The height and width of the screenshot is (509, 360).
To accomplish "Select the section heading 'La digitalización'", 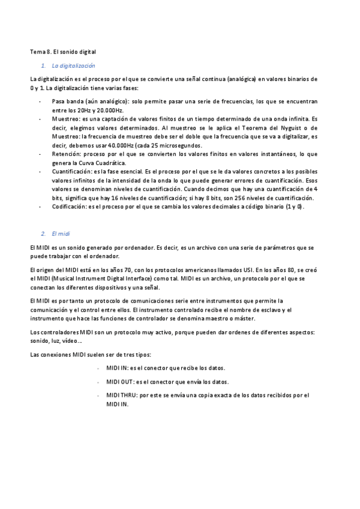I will (x=74, y=66).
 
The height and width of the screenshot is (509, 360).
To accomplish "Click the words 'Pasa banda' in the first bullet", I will (x=67, y=102).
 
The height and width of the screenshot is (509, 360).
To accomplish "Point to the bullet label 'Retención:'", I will (x=67, y=154).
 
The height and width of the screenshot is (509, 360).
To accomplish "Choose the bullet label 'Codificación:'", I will (x=70, y=206).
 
